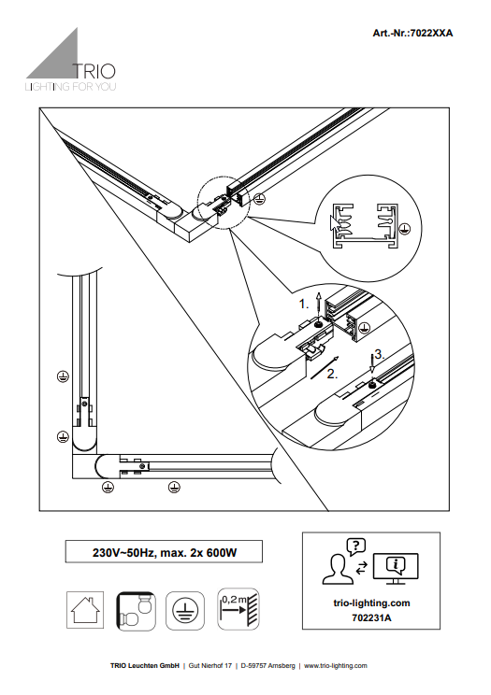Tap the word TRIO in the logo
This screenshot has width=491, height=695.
point(94,71)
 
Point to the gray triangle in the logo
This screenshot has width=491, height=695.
point(55,58)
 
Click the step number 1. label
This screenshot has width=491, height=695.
point(304,305)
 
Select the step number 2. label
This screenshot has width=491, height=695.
point(332,374)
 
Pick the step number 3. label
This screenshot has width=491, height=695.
point(379,354)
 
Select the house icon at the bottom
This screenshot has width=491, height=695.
point(85,610)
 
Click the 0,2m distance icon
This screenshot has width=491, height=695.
point(238,609)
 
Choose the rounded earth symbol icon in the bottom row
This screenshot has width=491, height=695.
point(185,610)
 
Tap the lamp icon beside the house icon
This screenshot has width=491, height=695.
point(136,610)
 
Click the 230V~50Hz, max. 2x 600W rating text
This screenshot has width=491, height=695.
point(165,553)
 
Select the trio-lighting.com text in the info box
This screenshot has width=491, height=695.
point(371,603)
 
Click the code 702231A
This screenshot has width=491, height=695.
point(371,617)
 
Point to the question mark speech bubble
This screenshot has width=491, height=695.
point(356,546)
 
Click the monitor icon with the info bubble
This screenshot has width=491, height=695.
point(396,569)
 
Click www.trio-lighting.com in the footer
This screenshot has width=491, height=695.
point(336,665)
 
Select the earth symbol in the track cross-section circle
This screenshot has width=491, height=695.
point(404,229)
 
